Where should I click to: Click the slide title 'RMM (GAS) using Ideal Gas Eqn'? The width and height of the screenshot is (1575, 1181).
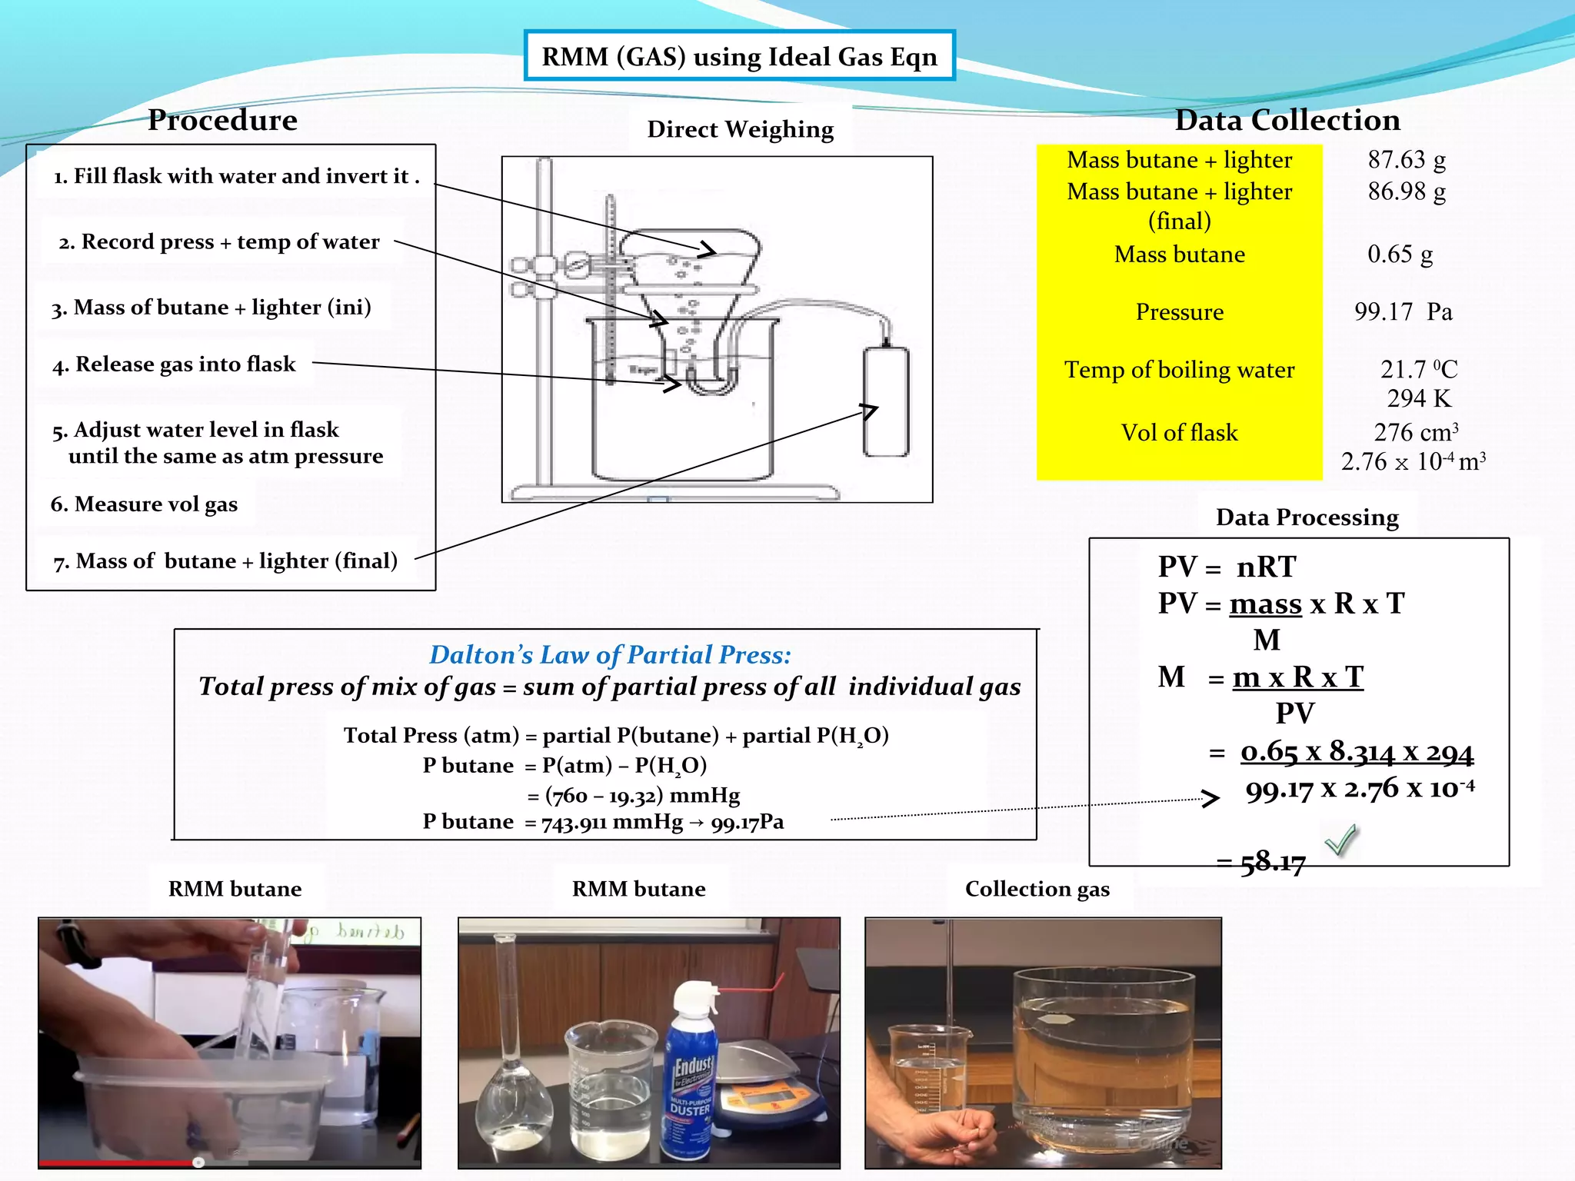pyautogui.click(x=739, y=56)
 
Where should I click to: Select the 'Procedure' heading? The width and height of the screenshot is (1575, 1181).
pyautogui.click(x=222, y=120)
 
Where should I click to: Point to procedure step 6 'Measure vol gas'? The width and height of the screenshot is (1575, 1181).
pyautogui.click(x=144, y=504)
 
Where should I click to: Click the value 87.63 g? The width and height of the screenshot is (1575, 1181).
pyautogui.click(x=1407, y=160)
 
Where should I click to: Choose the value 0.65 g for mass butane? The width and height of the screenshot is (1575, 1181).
pyautogui.click(x=1400, y=254)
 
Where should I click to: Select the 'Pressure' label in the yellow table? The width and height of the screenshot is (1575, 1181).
pyautogui.click(x=1179, y=312)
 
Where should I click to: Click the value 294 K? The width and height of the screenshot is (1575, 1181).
pyautogui.click(x=1419, y=399)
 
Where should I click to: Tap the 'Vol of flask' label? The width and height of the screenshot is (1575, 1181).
pyautogui.click(x=1179, y=433)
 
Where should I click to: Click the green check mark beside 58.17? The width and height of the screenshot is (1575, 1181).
pyautogui.click(x=1341, y=840)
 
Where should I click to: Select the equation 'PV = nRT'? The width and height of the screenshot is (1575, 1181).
pyautogui.click(x=1227, y=567)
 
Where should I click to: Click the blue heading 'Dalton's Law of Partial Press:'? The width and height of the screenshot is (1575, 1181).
pyautogui.click(x=610, y=655)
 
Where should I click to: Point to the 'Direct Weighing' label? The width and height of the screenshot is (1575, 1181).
pyautogui.click(x=740, y=130)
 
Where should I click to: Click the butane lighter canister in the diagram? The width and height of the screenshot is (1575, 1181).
pyautogui.click(x=885, y=401)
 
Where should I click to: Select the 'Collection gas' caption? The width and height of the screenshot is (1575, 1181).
pyautogui.click(x=1037, y=890)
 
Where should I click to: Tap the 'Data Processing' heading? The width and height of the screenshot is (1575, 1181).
pyautogui.click(x=1307, y=517)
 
